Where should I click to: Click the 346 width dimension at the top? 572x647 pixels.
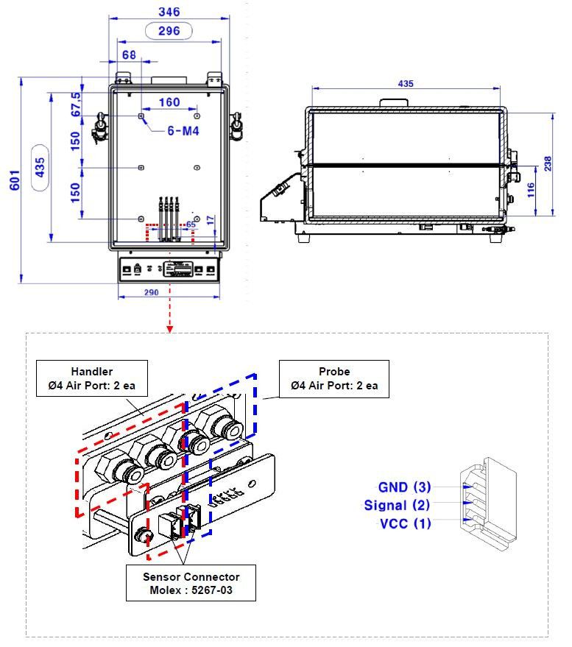click(x=169, y=13)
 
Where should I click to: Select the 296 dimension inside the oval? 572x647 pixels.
click(x=169, y=31)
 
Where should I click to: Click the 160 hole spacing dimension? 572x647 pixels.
click(x=169, y=102)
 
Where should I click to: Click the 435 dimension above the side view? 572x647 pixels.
click(x=406, y=84)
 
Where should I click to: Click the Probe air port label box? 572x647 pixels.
click(x=334, y=378)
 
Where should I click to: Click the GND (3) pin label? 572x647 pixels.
click(x=404, y=487)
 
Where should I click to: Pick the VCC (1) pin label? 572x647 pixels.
click(x=404, y=524)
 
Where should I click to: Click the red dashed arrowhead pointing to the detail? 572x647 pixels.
click(x=170, y=327)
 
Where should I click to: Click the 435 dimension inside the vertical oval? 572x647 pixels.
click(x=40, y=169)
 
